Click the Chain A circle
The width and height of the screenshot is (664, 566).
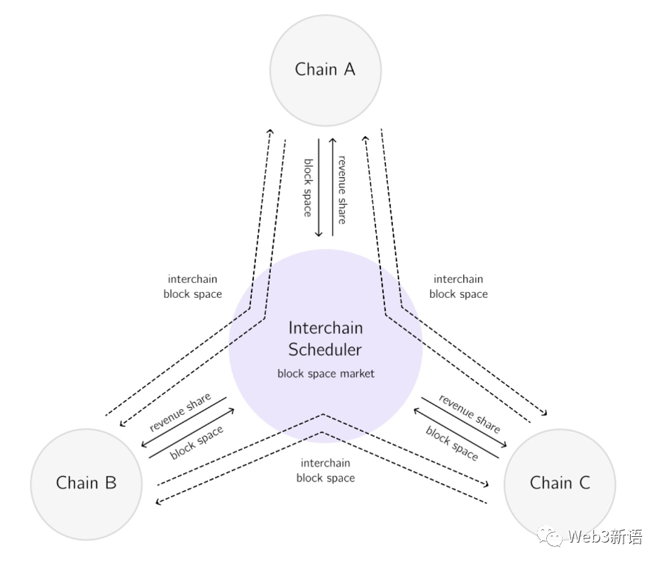326,70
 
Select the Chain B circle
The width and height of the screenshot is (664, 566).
87,484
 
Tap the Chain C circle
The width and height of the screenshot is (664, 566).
560,484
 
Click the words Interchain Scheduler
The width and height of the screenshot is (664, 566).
326,339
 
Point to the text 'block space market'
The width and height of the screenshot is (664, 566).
326,373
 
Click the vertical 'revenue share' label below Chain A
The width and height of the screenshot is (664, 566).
342,189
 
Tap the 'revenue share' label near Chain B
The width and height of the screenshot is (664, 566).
179,412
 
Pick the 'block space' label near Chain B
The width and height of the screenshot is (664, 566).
197,442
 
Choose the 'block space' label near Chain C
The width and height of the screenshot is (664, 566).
452,443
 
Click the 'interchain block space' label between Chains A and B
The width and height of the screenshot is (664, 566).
192,287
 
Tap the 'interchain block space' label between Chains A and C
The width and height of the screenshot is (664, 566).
458,287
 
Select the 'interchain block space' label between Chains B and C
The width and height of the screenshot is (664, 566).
326,470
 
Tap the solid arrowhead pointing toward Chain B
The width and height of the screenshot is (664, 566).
144,445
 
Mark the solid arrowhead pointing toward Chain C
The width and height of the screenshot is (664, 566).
506,445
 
